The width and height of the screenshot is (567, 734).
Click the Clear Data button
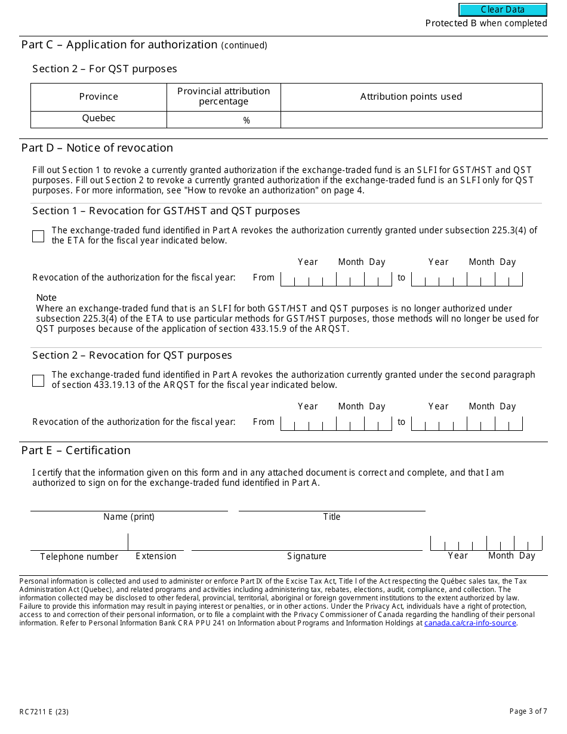pyautogui.click(x=503, y=10)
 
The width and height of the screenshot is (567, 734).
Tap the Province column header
pyautogui.click(x=98, y=97)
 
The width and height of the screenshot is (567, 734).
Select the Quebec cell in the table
pyautogui.click(x=98, y=118)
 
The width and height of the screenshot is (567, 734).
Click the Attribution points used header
pyautogui.click(x=411, y=97)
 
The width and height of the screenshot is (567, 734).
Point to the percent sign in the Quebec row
pyautogui.click(x=246, y=121)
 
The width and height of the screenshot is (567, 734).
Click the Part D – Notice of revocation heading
pyautogui.click(x=97, y=148)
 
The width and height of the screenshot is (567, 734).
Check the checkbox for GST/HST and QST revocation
pyautogui.click(x=38, y=236)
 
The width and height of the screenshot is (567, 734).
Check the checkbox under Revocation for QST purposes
pyautogui.click(x=38, y=381)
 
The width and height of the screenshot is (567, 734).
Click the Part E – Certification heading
pyautogui.click(x=76, y=451)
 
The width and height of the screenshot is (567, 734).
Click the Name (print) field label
pyautogui.click(x=129, y=517)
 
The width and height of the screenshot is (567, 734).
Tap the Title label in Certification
pyautogui.click(x=332, y=517)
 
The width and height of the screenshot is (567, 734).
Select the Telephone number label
pyautogui.click(x=79, y=557)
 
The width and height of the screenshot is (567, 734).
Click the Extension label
pyautogui.click(x=156, y=556)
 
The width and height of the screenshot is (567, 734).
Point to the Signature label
pyautogui.click(x=307, y=556)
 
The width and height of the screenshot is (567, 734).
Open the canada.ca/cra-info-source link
pyautogui.click(x=470, y=623)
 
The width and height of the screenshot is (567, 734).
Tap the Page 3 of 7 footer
pyautogui.click(x=528, y=711)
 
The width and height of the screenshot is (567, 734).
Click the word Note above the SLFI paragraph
pyautogui.click(x=47, y=298)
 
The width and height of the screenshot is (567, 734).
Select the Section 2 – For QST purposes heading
pyautogui.click(x=104, y=69)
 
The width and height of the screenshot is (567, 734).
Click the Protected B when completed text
pyautogui.click(x=486, y=23)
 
